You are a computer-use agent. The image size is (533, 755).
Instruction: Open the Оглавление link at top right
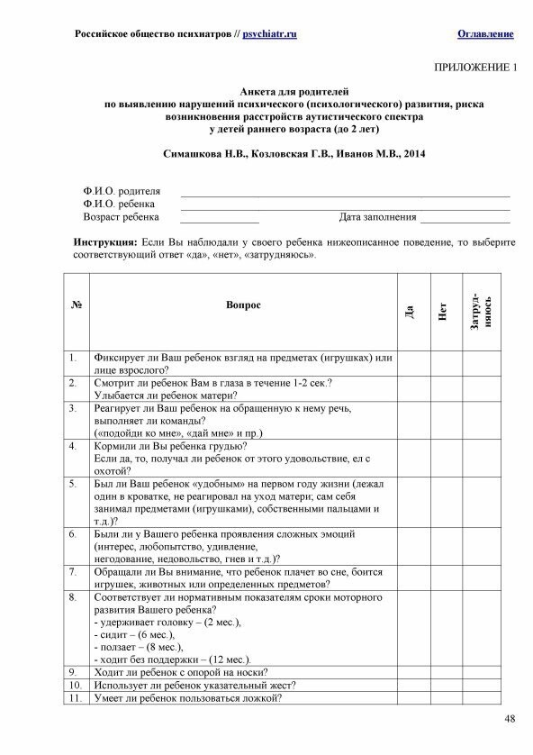tap(485, 33)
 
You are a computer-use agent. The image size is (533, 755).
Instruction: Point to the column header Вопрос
tap(243, 305)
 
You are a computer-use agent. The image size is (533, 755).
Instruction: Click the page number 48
tap(510, 717)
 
